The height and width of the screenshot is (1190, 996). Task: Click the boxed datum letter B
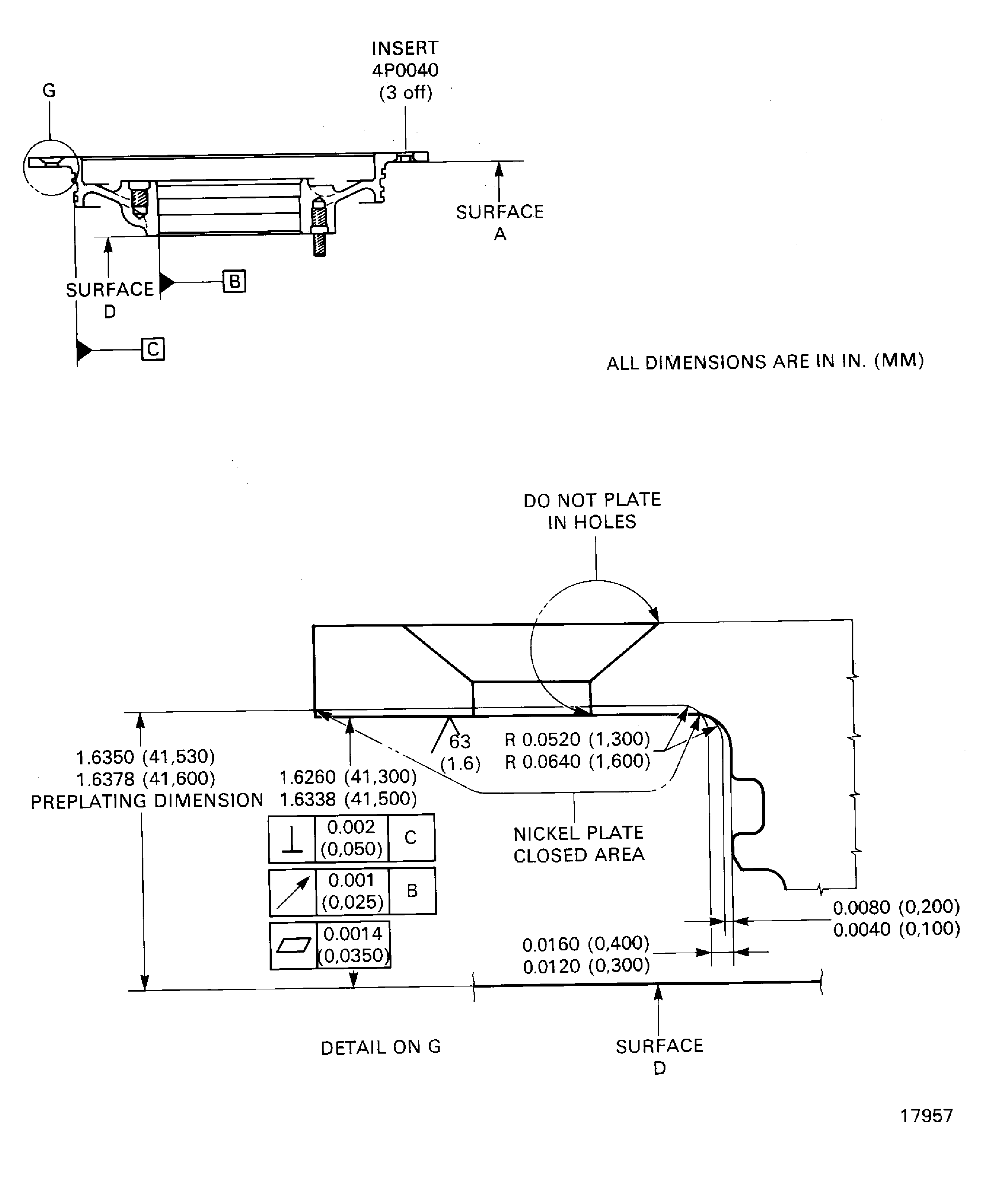click(x=234, y=281)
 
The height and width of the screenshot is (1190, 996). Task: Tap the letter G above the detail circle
click(x=49, y=91)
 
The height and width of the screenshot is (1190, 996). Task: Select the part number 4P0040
click(x=405, y=70)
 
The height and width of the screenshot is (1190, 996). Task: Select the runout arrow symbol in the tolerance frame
click(x=293, y=891)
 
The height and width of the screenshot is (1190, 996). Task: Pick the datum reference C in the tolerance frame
click(x=411, y=838)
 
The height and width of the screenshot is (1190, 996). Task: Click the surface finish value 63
click(x=460, y=741)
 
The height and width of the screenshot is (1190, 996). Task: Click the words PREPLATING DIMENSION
click(x=147, y=801)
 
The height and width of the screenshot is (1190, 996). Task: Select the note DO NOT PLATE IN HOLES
click(x=592, y=511)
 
